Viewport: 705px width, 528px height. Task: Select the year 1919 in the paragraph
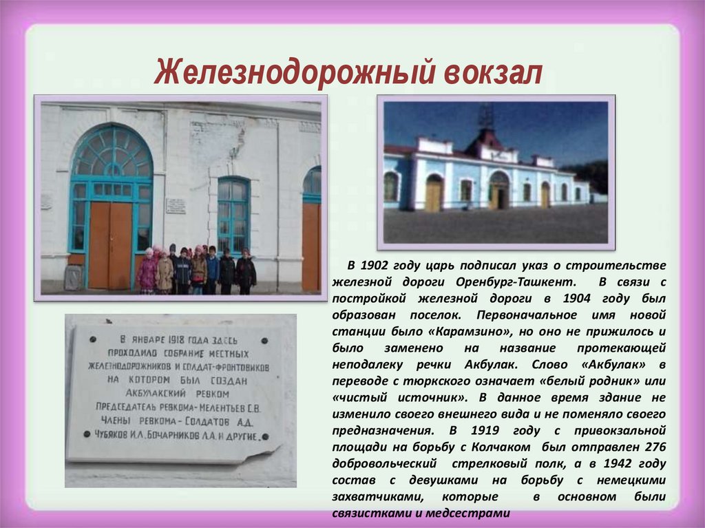tap(486, 430)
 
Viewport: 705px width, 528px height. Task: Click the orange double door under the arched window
tap(110, 244)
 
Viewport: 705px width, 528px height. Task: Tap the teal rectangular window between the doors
tap(233, 215)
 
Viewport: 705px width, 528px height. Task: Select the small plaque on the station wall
tap(176, 206)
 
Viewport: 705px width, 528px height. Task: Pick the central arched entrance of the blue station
tap(498, 191)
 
